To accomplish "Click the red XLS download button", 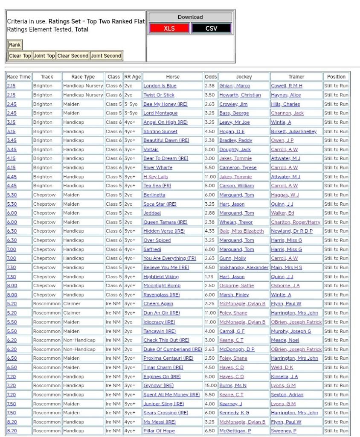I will click(169, 29).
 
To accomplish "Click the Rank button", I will click(15, 45).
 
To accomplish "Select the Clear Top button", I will click(20, 56).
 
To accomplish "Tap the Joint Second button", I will click(106, 56).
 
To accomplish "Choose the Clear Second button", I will click(73, 56).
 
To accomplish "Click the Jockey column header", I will click(244, 77).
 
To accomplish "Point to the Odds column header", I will click(210, 77).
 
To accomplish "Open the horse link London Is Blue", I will click(160, 86).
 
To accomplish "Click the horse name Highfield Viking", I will click(161, 277).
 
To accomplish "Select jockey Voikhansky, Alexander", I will click(244, 268).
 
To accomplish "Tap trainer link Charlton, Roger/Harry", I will click(296, 222).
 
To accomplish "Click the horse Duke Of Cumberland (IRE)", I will click(172, 349).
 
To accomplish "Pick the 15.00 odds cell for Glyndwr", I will click(210, 385).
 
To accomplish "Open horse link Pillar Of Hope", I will click(159, 431).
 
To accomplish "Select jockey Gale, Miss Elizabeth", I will click(241, 231).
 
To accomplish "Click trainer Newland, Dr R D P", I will click(292, 231).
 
